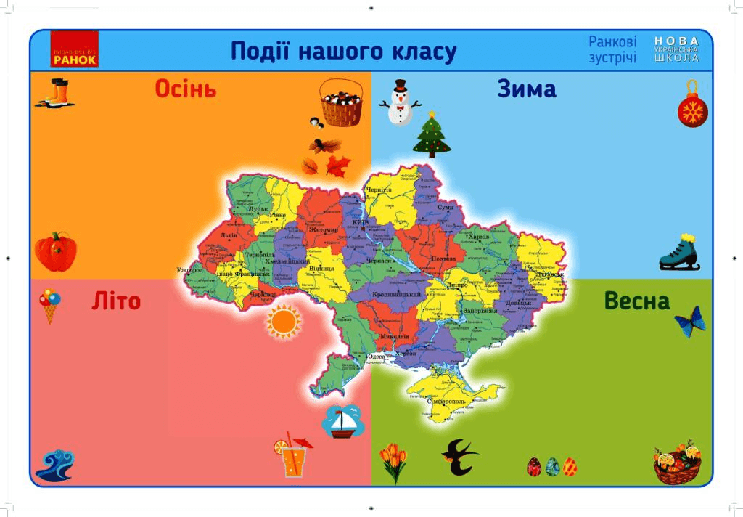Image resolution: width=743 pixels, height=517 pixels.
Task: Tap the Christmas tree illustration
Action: tap(432, 136)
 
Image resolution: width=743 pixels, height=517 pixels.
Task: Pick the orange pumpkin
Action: tap(55, 251)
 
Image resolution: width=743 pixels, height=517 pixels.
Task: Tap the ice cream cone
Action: tap(49, 305)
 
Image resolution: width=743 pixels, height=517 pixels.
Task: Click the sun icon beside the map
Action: tap(283, 322)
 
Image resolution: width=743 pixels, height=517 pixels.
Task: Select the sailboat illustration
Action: tap(342, 421)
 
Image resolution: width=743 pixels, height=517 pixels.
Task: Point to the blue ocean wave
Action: tap(54, 465)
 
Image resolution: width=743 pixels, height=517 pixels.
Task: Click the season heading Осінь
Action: tap(186, 89)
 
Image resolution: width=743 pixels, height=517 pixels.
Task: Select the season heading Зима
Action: tap(527, 89)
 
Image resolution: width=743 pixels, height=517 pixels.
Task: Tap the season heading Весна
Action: tap(637, 301)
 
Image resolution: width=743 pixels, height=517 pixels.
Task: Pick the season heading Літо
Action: tap(116, 301)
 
